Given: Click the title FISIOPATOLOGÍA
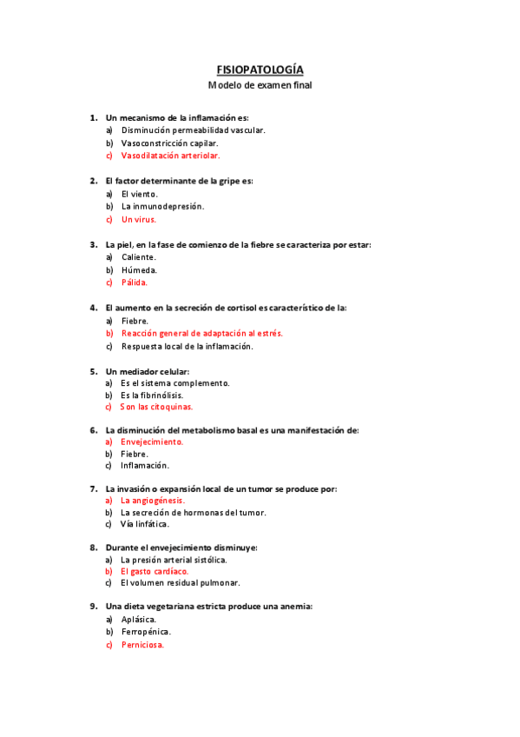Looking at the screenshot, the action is pos(260,70).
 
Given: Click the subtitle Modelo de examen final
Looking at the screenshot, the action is pos(260,85).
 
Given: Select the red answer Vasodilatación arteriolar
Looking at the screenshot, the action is pos(170,156).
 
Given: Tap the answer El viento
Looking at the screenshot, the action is pos(140,194).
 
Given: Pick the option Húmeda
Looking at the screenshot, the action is pos(139,270).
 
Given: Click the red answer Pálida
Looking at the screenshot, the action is pos(135,282).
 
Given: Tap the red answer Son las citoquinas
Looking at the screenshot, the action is pos(156,407).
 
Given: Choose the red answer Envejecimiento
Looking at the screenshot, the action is pos(152,442).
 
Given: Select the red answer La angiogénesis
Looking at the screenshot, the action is pos(153,501).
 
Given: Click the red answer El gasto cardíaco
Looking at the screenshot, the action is pos(155,571).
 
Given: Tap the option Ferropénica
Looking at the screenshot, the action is pos(146,632).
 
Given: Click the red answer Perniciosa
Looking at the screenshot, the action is pos(142,645).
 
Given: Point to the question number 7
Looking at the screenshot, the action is pos(93,489).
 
